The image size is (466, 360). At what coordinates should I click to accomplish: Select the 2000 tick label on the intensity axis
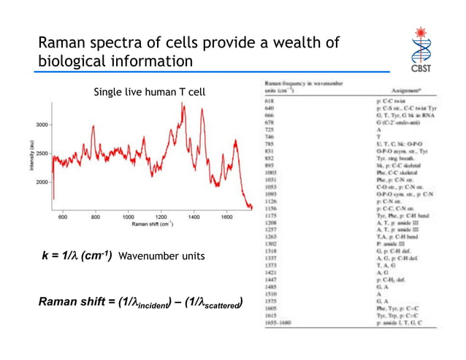tap(40, 181)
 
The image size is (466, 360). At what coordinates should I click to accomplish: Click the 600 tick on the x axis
tap(63, 217)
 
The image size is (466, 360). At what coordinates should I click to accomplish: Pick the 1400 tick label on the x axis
tap(194, 217)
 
